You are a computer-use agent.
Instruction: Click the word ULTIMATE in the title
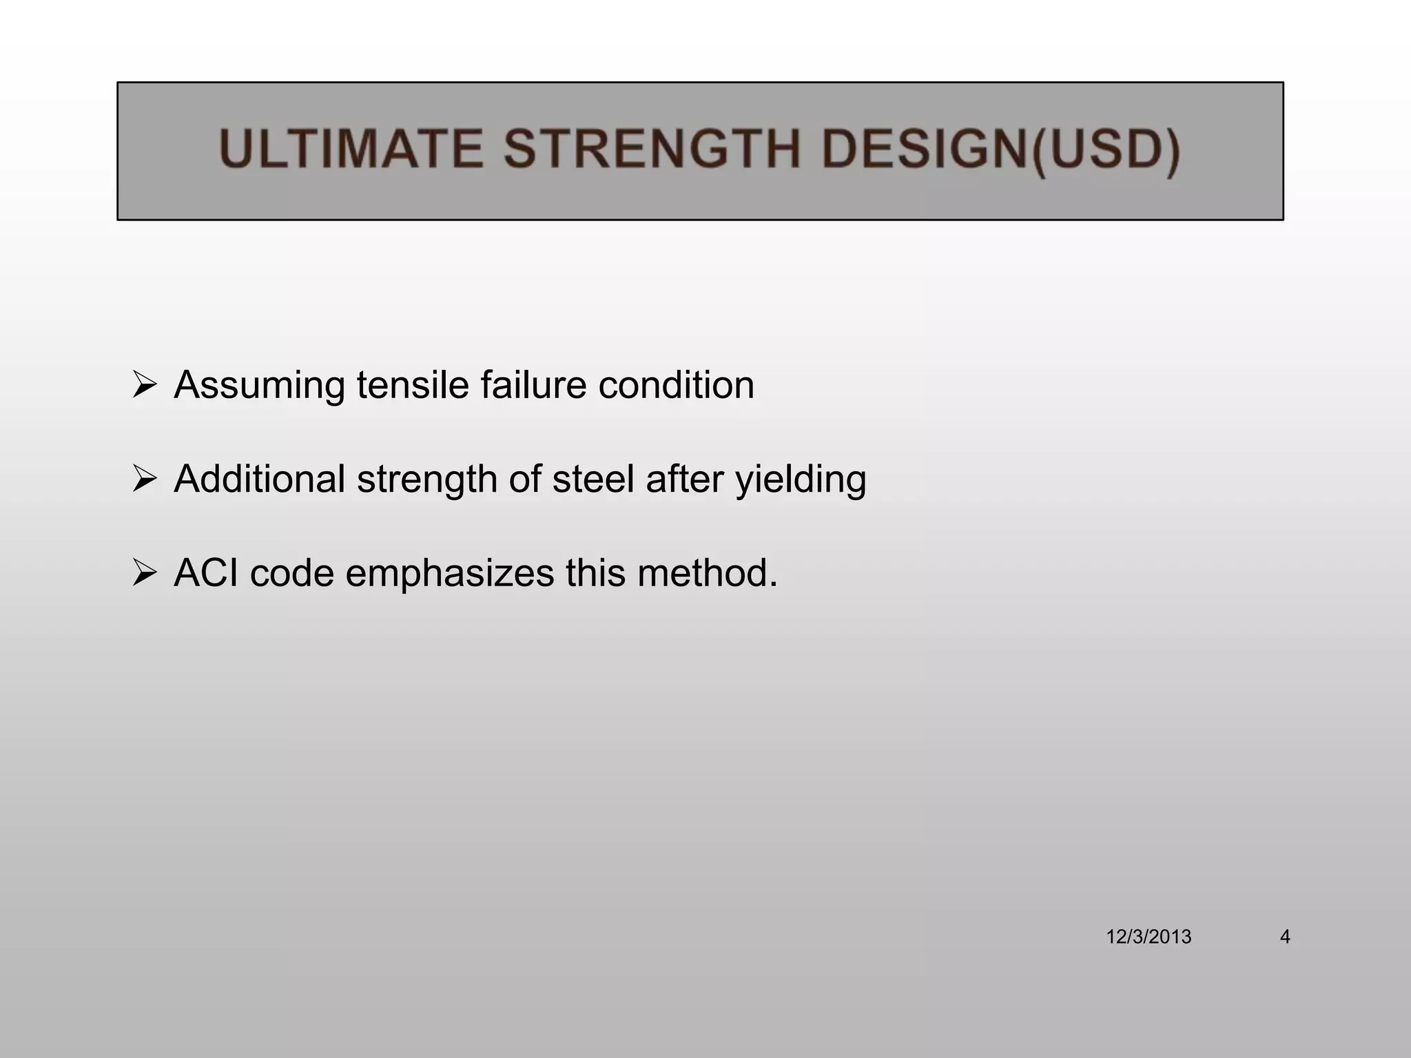[351, 149]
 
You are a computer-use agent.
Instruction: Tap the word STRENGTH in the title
[652, 149]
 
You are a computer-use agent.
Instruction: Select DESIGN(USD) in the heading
[1000, 149]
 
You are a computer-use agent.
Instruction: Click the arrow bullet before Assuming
[145, 384]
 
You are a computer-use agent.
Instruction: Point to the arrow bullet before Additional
[145, 479]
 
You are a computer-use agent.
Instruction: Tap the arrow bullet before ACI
[145, 572]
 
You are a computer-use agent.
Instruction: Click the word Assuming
[259, 386]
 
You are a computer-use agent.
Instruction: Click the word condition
[676, 384]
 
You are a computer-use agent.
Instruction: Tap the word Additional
[259, 479]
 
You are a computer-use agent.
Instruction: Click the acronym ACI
[206, 572]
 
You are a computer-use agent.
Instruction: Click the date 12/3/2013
[1149, 937]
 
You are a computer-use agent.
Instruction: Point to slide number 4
[1284, 937]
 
